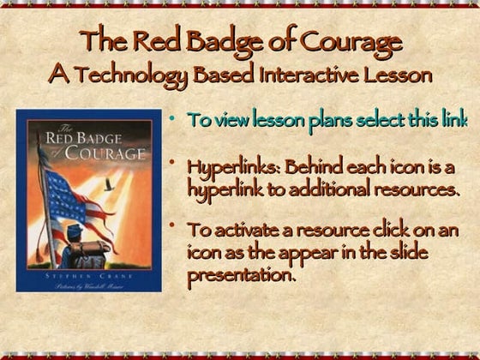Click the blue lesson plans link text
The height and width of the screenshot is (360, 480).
click(x=327, y=119)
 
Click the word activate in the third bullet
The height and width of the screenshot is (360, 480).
click(x=244, y=231)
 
